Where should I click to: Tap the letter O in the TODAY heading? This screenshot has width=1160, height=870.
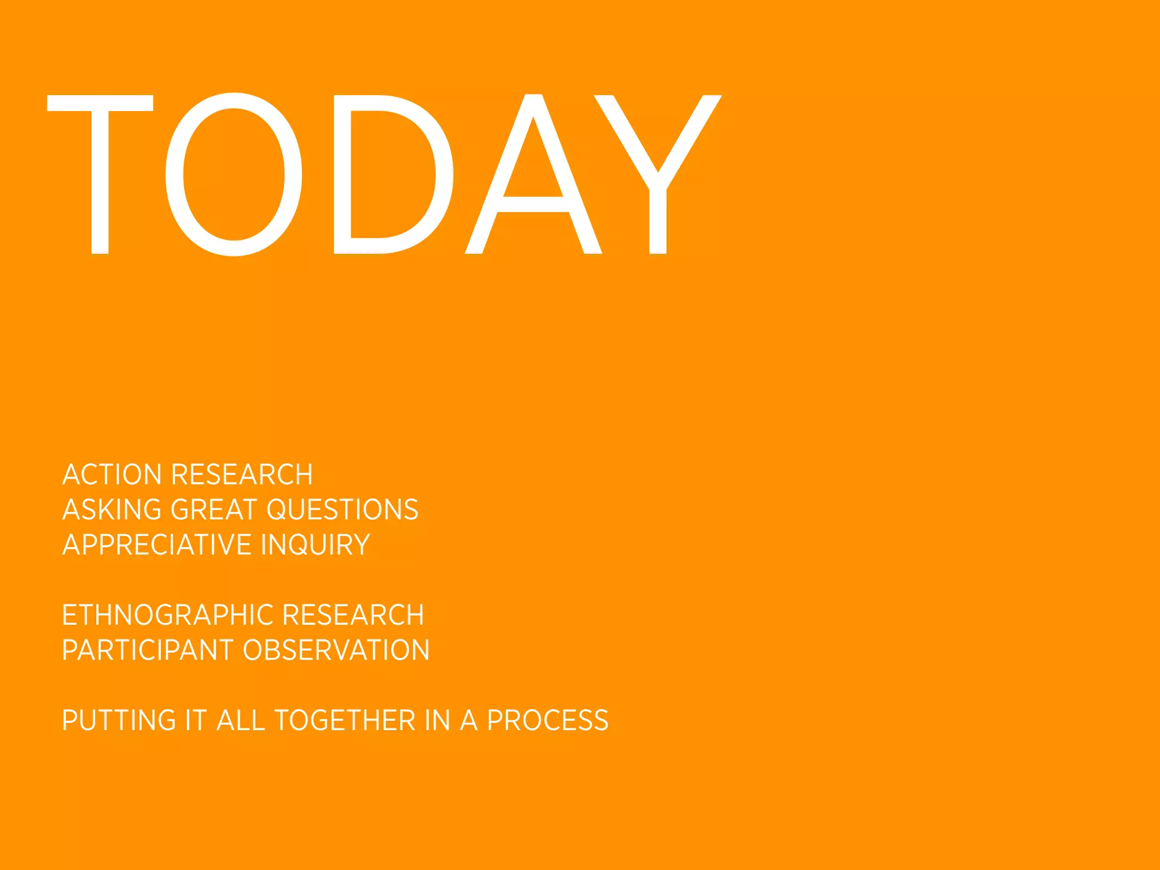pyautogui.click(x=233, y=174)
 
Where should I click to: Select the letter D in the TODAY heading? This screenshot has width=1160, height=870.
pyautogui.click(x=391, y=174)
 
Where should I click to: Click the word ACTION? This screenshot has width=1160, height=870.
pyautogui.click(x=112, y=475)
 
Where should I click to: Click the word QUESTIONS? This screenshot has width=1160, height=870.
pyautogui.click(x=342, y=510)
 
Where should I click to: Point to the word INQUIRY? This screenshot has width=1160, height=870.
pyautogui.click(x=315, y=545)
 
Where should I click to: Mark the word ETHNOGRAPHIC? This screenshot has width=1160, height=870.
pyautogui.click(x=168, y=615)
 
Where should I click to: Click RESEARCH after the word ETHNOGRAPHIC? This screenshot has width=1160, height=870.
pyautogui.click(x=353, y=615)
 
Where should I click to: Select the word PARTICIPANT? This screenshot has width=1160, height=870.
pyautogui.click(x=148, y=650)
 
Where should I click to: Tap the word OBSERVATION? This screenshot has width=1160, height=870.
pyautogui.click(x=336, y=650)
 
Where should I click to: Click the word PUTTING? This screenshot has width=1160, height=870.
pyautogui.click(x=119, y=720)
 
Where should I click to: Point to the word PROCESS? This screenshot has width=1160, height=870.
pyautogui.click(x=548, y=720)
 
